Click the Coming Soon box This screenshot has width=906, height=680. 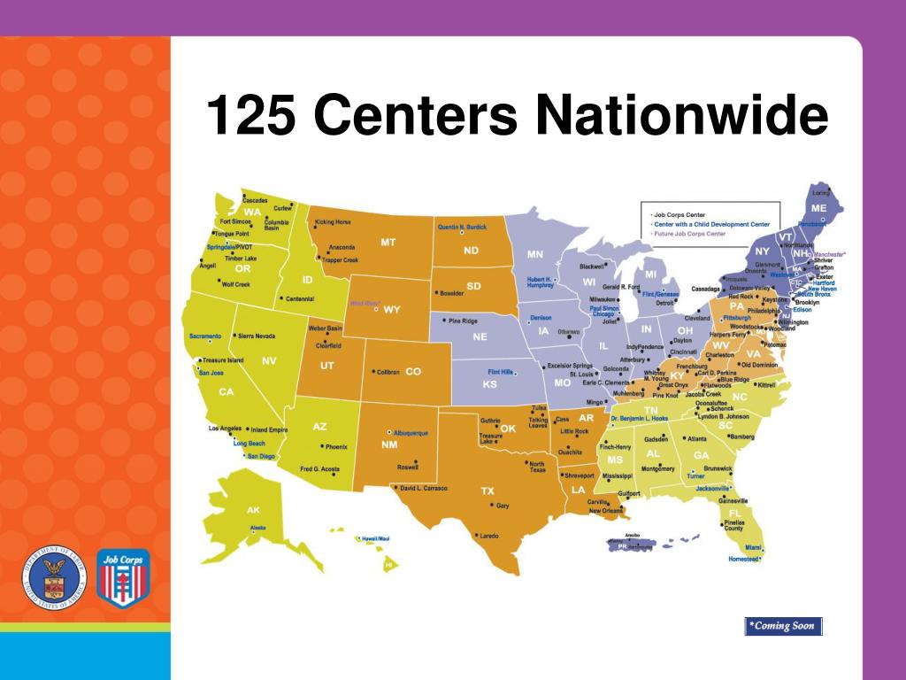tap(783, 626)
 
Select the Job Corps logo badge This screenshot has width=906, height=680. tap(123, 576)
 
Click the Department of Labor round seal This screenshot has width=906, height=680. tap(54, 576)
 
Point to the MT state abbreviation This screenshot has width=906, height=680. tap(388, 242)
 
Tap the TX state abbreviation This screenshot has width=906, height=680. tap(488, 491)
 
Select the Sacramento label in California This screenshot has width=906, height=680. tap(205, 336)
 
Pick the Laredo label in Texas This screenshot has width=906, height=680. tap(489, 535)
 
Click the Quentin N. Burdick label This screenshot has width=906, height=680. tap(462, 227)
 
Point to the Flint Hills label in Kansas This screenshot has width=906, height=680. tap(501, 372)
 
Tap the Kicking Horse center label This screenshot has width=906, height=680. tap(334, 221)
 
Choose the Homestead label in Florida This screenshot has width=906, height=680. tap(743, 559)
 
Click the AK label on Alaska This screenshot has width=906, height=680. tap(253, 510)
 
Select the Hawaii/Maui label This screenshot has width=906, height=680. tap(375, 538)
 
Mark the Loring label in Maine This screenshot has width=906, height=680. tap(822, 192)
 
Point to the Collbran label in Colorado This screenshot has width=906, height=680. tap(388, 372)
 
